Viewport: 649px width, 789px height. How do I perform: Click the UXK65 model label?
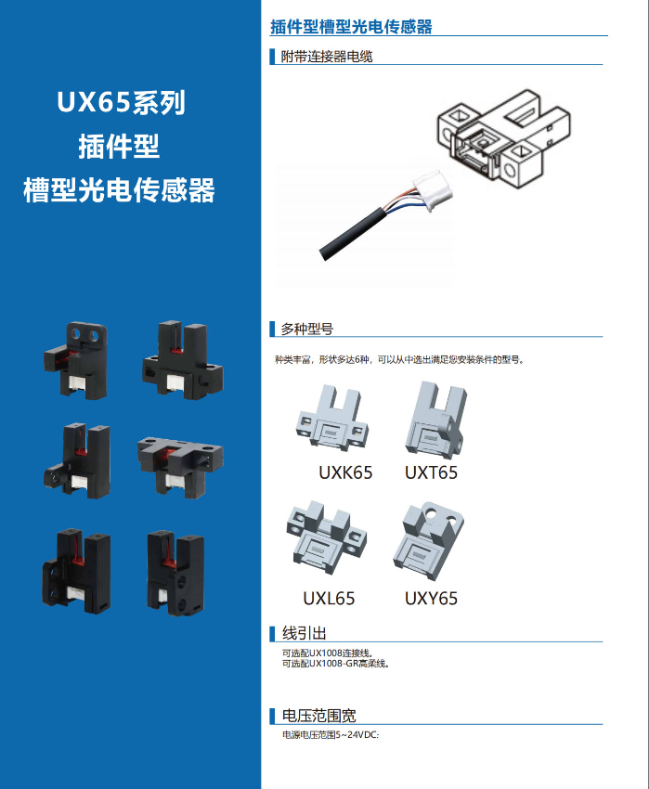345,473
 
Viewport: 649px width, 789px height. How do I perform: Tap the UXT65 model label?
431,473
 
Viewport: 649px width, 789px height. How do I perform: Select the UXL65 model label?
329,599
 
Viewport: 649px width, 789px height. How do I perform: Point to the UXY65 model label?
431,599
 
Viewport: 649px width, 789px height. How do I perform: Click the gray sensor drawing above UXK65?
331,418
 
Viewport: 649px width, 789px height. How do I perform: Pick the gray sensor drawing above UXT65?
436,420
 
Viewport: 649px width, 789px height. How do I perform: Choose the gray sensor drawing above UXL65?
327,537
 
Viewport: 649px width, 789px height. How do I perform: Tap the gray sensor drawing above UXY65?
428,540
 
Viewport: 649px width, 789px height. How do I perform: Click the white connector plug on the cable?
432,189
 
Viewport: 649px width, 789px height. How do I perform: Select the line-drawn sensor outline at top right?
503,138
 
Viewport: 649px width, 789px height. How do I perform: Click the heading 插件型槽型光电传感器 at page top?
351,27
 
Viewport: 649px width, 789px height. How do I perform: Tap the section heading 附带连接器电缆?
327,57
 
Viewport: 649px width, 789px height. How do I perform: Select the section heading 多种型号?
307,330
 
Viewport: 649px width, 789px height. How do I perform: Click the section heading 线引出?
305,633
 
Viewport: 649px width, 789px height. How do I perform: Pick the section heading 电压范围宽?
318,716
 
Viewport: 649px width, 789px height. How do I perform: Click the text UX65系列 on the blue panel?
121,102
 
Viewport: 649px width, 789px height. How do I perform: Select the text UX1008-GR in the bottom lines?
332,664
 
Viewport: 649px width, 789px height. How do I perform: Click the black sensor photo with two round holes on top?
75,360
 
